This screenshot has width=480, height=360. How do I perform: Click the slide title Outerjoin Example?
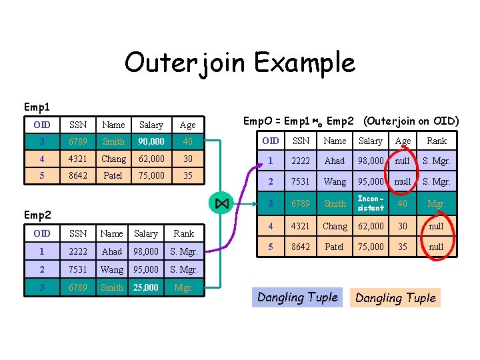[x=239, y=63]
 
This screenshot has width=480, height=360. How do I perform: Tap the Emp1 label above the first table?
[x=37, y=107]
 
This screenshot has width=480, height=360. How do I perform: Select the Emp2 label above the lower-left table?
[x=37, y=215]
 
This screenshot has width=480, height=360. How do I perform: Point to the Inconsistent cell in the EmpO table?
[x=371, y=203]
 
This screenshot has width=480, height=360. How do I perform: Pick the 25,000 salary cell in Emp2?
[x=145, y=287]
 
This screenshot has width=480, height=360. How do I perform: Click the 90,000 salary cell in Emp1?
[x=151, y=141]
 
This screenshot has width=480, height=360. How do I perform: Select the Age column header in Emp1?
[x=187, y=125]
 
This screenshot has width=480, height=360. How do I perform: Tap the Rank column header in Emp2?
[x=183, y=233]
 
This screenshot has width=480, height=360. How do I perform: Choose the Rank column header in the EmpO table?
[x=437, y=141]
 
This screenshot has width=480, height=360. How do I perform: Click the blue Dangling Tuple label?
[x=297, y=297]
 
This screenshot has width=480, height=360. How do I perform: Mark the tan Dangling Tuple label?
[x=395, y=298]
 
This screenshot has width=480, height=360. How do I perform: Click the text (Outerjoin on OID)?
[x=411, y=121]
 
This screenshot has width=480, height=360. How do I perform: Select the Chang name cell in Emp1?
[x=113, y=159]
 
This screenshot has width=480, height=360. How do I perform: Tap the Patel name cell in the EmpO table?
[x=335, y=247]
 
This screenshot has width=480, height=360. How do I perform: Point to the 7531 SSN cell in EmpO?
[x=301, y=181]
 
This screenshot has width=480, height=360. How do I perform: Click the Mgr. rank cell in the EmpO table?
[x=437, y=203]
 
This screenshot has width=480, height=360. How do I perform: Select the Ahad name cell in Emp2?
[x=111, y=251]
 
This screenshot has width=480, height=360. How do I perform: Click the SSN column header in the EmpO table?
[x=301, y=141]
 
